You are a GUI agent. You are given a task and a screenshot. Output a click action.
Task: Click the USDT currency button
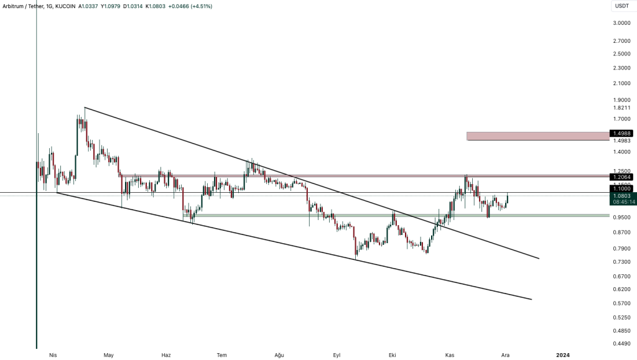(x=622, y=6)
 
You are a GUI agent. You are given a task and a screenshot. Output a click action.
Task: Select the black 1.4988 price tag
(x=622, y=133)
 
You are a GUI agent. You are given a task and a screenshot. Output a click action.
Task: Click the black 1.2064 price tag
(x=622, y=177)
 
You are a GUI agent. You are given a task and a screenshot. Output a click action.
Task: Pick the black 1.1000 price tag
(x=622, y=188)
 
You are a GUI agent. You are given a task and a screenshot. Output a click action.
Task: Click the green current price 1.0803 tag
(x=622, y=196)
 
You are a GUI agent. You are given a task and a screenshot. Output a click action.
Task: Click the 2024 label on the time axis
(x=562, y=355)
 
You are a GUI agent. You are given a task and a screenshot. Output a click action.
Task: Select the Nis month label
(x=53, y=355)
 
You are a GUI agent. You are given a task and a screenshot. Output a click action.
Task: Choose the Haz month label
(x=166, y=355)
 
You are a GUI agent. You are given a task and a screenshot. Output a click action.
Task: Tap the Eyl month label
(x=337, y=355)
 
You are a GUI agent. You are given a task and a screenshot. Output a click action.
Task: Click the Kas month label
(x=450, y=355)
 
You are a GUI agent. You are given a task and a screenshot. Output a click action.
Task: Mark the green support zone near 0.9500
(x=398, y=216)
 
